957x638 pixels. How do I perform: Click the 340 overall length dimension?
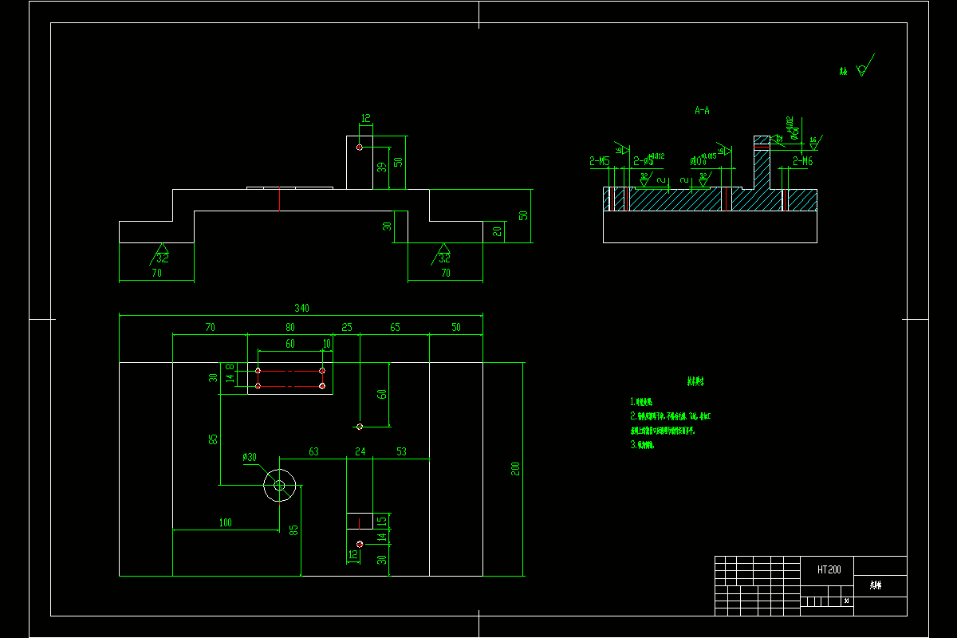[301, 308]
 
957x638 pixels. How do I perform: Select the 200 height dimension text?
[516, 468]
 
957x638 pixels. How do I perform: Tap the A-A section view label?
[702, 111]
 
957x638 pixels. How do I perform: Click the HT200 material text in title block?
[829, 570]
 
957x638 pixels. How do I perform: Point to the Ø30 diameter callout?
[250, 457]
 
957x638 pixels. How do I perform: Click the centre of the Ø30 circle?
[280, 486]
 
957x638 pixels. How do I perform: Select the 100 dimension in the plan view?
[225, 523]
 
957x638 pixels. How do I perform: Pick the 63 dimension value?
[313, 452]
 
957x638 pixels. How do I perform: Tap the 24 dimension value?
[360, 452]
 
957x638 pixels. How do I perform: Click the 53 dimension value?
[401, 452]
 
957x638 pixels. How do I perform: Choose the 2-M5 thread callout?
[600, 162]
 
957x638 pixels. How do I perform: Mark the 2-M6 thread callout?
[802, 162]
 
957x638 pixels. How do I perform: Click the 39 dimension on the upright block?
[381, 167]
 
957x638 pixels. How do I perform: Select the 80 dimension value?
[289, 328]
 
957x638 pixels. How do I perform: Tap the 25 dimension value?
[346, 328]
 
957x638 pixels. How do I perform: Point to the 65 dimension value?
[395, 328]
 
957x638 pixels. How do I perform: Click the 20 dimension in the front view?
[497, 231]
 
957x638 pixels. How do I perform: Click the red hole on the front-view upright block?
[360, 148]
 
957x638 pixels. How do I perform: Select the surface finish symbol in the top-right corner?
[862, 68]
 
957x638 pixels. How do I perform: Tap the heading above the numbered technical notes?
[695, 382]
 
